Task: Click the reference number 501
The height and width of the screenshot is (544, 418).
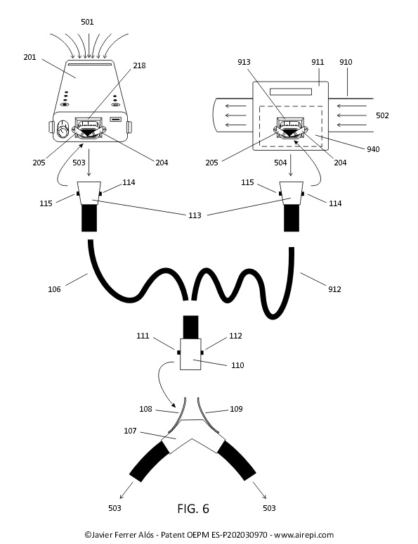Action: point(87,22)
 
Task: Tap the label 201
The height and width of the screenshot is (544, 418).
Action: point(30,57)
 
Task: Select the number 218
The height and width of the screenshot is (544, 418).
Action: point(139,65)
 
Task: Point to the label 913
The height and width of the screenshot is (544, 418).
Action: point(244,62)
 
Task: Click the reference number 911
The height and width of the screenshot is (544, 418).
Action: point(318,62)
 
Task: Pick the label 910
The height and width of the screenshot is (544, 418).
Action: point(346,62)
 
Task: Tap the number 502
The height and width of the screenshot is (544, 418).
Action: point(382,115)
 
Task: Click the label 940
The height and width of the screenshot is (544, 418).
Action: point(373,149)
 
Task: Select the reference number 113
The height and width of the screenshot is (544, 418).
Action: point(195,215)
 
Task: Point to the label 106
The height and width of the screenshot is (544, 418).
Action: point(54,289)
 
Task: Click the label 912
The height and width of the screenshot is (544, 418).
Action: point(334,289)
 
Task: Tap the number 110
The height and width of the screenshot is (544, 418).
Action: point(237,365)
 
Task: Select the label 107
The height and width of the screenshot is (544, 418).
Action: point(130,431)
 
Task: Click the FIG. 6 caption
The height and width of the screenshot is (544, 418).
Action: point(193,509)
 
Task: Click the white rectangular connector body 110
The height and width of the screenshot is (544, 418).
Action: point(190,354)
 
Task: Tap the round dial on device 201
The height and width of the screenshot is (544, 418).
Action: point(63,129)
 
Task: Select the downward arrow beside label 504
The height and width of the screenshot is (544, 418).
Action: point(291,165)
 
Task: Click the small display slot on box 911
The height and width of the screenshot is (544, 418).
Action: point(291,91)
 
